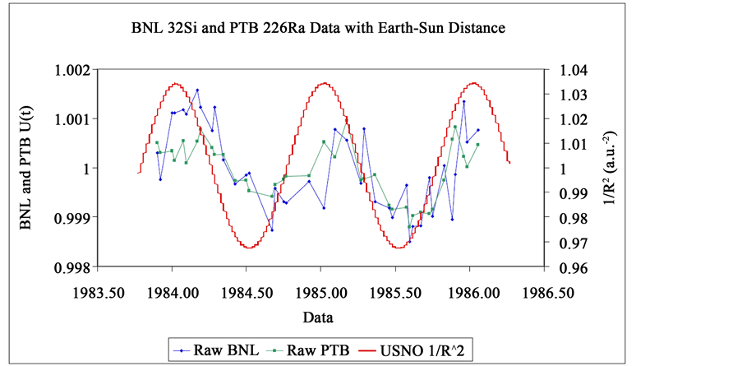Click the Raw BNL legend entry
[217, 350]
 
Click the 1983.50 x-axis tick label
[97, 293]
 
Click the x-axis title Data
[316, 316]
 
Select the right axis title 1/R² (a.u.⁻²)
[612, 169]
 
